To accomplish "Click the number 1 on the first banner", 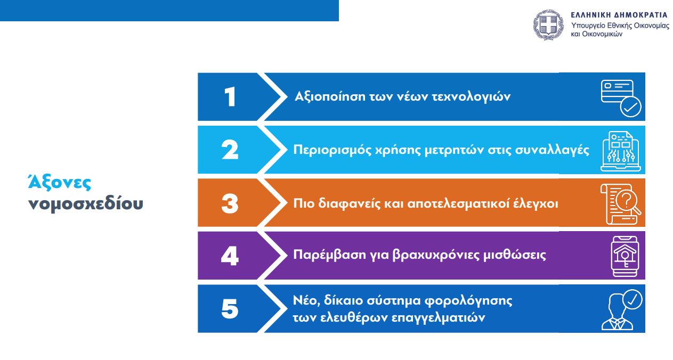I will coord(230,97).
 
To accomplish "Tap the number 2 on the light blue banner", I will coord(230,150).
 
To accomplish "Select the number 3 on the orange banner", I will coord(230,203).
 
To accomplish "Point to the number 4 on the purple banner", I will coord(230,256).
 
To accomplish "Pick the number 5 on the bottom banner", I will coord(230,309).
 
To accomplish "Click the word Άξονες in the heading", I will coord(60,183).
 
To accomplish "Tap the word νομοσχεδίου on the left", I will coord(85,203).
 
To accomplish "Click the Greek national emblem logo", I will coord(548,24).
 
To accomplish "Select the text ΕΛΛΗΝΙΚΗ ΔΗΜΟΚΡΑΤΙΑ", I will coord(619,14).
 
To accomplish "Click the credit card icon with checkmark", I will coord(621,97).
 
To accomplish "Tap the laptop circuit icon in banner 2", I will coord(621,151).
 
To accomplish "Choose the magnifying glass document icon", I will coord(621,203).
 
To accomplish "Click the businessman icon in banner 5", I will coord(621,309).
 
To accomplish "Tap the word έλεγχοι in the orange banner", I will coord(536,203).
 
